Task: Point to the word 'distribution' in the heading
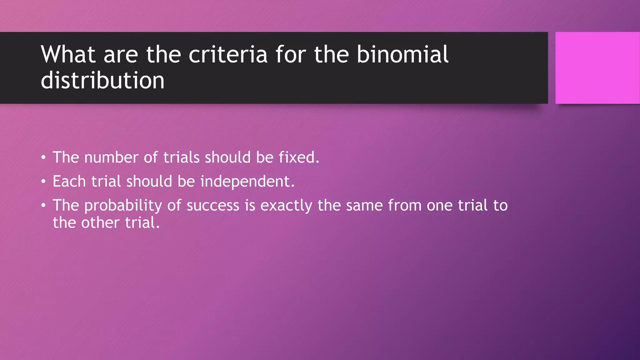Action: click(102, 80)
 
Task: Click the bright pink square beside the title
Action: click(597, 68)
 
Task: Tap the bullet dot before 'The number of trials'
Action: click(43, 157)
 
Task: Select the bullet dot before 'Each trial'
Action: click(43, 181)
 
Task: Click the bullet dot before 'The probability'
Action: click(43, 205)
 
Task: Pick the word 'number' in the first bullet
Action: click(111, 157)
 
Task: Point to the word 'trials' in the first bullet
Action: click(181, 157)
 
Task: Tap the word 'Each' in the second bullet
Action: click(69, 181)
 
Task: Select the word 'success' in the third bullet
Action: click(213, 206)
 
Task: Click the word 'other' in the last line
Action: click(100, 223)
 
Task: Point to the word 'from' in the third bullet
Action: click(405, 205)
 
